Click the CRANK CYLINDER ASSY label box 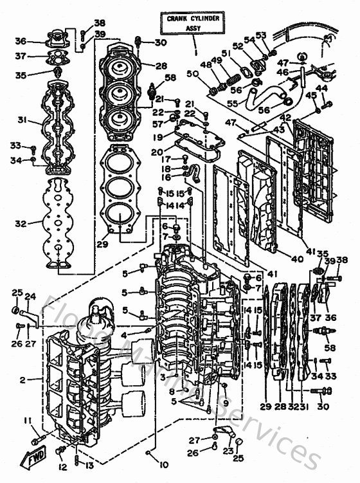pyautogui.click(x=194, y=24)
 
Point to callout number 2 pyautogui.click(x=22, y=380)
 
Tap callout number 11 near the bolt pyautogui.click(x=28, y=421)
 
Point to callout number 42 pyautogui.click(x=285, y=118)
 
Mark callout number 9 pyautogui.click(x=225, y=403)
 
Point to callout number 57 pyautogui.click(x=157, y=124)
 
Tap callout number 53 pyautogui.click(x=261, y=35)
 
